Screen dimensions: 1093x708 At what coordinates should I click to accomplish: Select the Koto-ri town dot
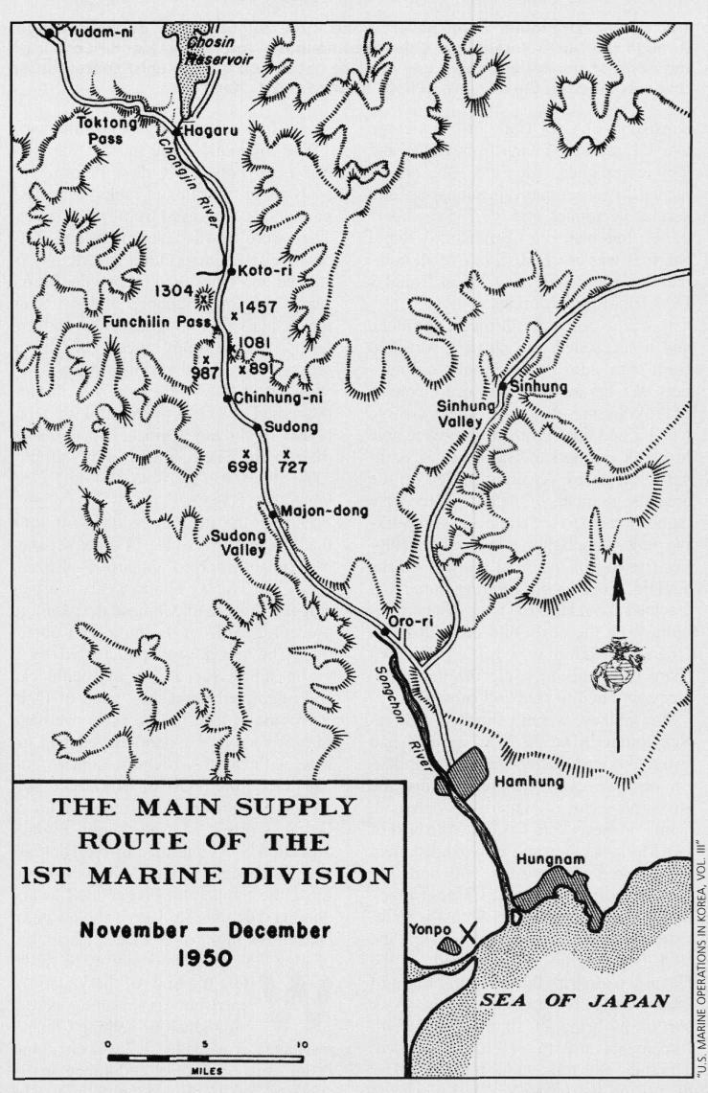(x=231, y=271)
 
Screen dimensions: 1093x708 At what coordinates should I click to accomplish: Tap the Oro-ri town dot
(x=384, y=631)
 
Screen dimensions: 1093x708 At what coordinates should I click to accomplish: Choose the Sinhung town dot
(x=502, y=386)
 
